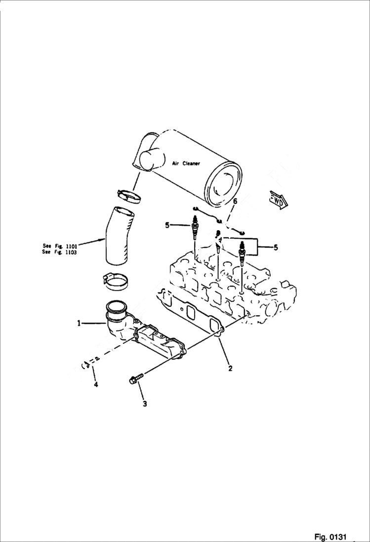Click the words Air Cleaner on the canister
pyautogui.click(x=186, y=164)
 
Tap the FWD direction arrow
pyautogui.click(x=279, y=200)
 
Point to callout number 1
pyautogui.click(x=79, y=323)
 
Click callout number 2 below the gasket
pyautogui.click(x=230, y=368)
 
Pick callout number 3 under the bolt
pyautogui.click(x=145, y=404)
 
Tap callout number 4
pyautogui.click(x=96, y=384)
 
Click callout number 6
pyautogui.click(x=235, y=201)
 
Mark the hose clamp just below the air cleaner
pyautogui.click(x=130, y=196)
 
